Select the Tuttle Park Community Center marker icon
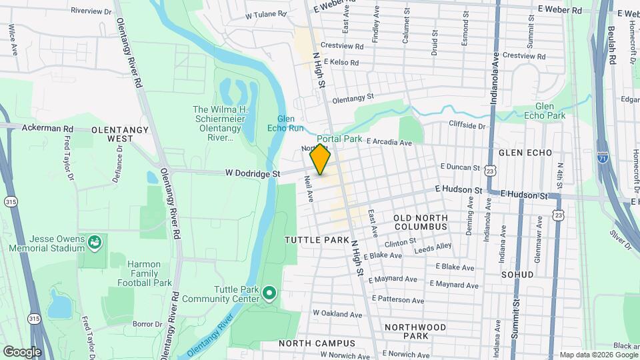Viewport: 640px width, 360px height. pos(269,292)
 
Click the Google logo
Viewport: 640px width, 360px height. pos(22,352)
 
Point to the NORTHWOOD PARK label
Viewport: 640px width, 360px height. pos(415,332)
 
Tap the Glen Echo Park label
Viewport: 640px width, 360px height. pos(550,111)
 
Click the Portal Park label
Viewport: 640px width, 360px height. pos(344,139)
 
